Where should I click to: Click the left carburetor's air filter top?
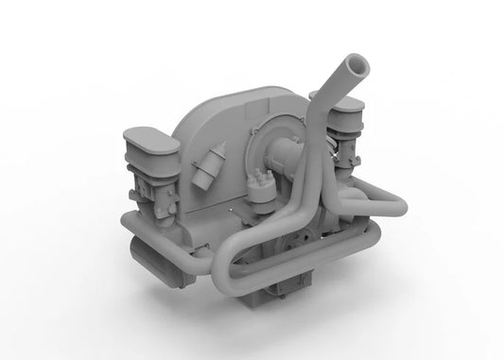[149, 142]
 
